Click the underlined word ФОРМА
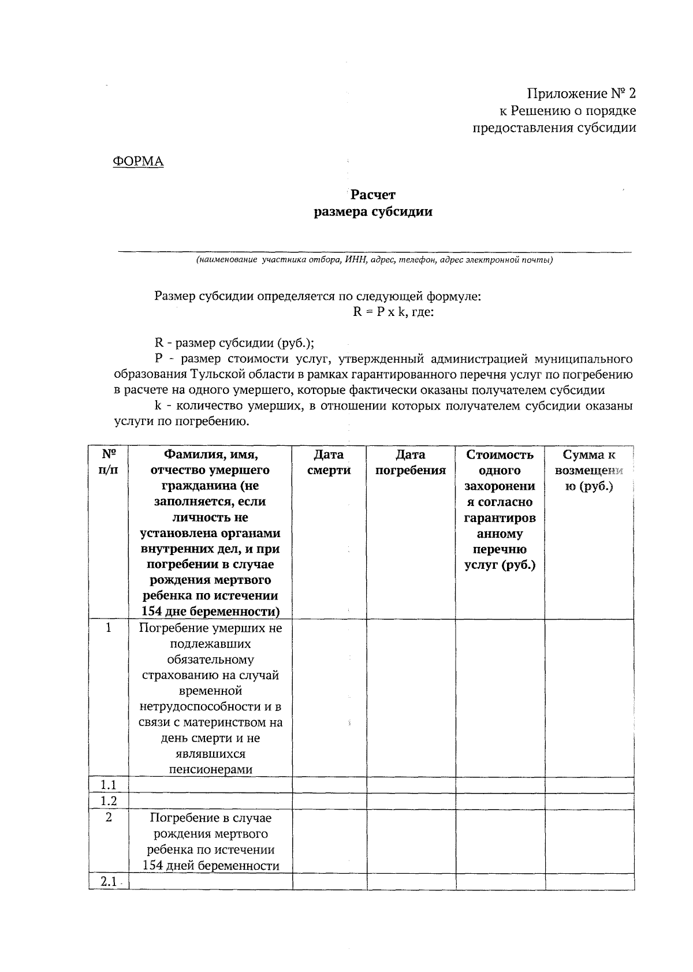(x=138, y=162)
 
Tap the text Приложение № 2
(x=581, y=94)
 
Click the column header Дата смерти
(x=329, y=463)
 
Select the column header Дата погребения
(x=411, y=463)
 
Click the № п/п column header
(x=109, y=462)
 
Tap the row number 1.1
(x=109, y=785)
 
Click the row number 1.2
(x=109, y=801)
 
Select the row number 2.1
(x=108, y=882)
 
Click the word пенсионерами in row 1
(x=211, y=769)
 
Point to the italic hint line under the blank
(x=374, y=260)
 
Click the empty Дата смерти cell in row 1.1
(x=329, y=785)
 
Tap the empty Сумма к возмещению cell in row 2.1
(x=589, y=882)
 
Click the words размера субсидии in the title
(x=373, y=213)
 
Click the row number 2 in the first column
(x=109, y=817)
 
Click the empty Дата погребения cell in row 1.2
(x=411, y=801)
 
